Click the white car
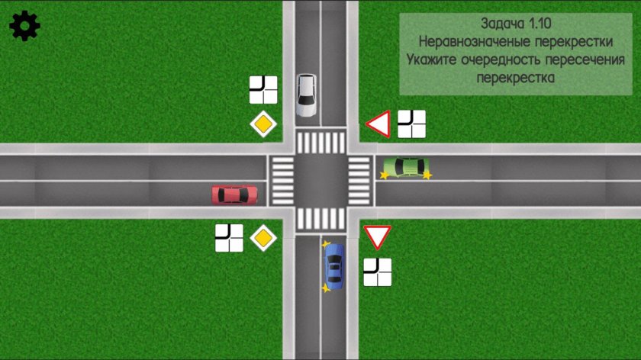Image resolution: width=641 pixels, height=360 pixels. (x=306, y=95)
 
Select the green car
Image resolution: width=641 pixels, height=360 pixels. (x=406, y=166)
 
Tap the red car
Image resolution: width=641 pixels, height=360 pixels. (x=234, y=194)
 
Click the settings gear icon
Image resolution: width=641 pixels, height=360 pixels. (x=24, y=27)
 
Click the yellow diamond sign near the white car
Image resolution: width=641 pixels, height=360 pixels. (x=263, y=124)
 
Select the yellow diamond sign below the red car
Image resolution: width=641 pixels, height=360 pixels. (x=263, y=238)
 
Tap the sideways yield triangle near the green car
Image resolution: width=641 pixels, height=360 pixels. (x=379, y=124)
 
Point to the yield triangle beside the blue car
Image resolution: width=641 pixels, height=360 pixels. (x=377, y=236)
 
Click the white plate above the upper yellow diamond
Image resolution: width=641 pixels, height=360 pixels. (x=263, y=90)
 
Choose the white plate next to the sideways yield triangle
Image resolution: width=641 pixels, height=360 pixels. (x=412, y=124)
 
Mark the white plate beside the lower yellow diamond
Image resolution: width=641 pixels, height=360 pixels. (x=229, y=238)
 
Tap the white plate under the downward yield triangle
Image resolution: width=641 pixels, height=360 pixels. (x=377, y=272)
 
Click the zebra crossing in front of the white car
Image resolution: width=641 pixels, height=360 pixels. (x=320, y=142)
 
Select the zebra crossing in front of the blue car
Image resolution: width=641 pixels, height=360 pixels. (x=320, y=220)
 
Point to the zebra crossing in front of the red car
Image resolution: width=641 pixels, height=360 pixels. (x=282, y=181)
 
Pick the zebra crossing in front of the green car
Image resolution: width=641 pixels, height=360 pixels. (x=359, y=181)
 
